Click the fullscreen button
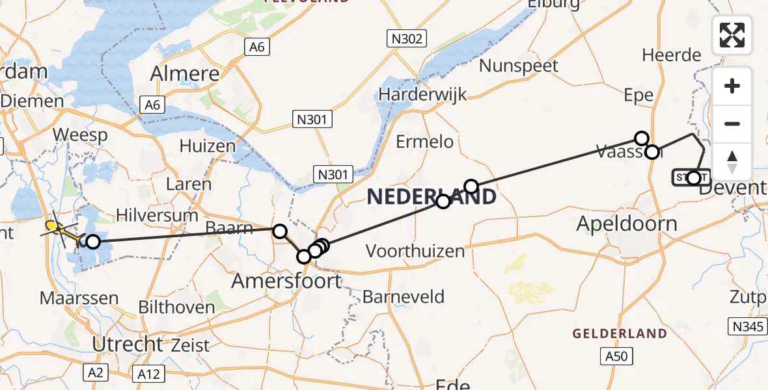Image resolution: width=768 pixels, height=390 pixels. [732, 35]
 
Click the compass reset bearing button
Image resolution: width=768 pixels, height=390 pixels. [732, 162]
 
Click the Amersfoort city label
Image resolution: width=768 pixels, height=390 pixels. [287, 281]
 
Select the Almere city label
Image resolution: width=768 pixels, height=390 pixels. [184, 73]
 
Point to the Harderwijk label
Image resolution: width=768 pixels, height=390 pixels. [423, 94]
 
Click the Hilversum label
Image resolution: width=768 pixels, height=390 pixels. [157, 215]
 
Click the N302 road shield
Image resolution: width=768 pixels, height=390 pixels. [408, 38]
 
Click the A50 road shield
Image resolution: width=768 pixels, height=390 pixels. [615, 356]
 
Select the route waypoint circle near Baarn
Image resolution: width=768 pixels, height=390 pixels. [280, 231]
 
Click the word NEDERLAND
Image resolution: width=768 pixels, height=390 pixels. [432, 196]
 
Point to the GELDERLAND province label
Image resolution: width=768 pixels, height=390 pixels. [620, 333]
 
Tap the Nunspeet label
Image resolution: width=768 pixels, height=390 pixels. [519, 66]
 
